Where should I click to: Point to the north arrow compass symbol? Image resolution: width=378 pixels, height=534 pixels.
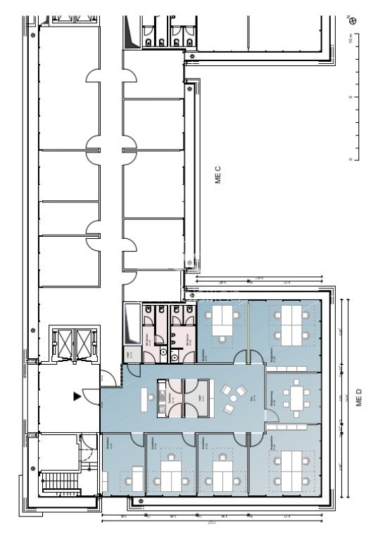(x=353, y=20)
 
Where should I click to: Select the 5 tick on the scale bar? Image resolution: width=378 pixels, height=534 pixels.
(x=351, y=97)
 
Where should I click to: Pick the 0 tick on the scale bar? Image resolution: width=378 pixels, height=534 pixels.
(x=351, y=160)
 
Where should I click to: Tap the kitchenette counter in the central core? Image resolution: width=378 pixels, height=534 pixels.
(x=162, y=397)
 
